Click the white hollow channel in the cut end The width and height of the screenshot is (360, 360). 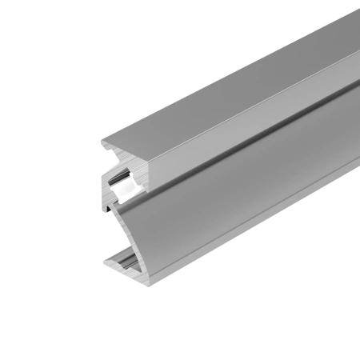pyautogui.click(x=121, y=183)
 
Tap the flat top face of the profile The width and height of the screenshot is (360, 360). pyautogui.click(x=224, y=96)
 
